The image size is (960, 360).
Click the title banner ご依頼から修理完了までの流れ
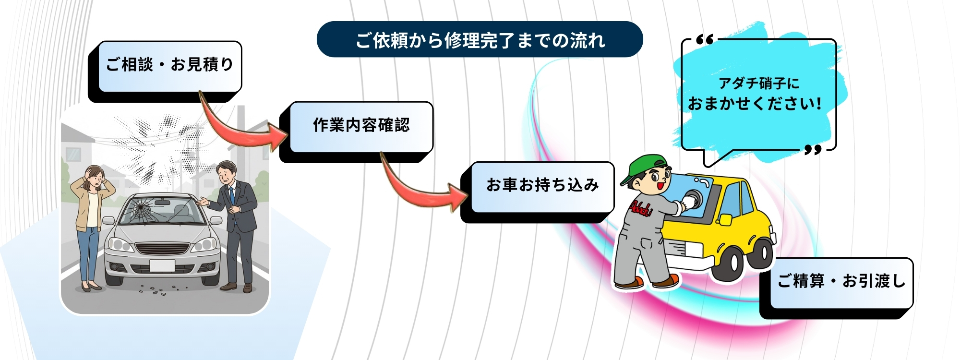[480, 39]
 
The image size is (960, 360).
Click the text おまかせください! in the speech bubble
[755, 103]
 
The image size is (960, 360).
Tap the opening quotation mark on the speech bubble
[705, 39]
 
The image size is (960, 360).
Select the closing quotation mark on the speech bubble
[813, 150]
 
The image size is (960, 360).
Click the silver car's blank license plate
[162, 265]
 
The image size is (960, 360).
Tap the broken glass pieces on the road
[158, 289]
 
